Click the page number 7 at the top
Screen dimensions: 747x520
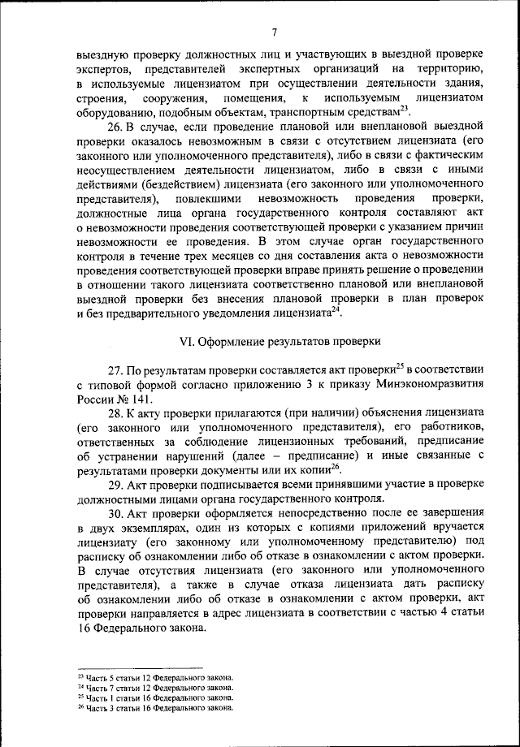(x=275, y=32)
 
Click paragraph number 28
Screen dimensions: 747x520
(x=115, y=413)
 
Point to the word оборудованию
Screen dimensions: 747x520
(x=113, y=112)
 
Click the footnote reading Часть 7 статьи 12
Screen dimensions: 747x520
(x=154, y=687)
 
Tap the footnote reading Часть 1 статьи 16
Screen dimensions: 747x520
(x=154, y=697)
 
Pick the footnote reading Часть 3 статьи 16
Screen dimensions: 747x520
(x=154, y=707)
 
